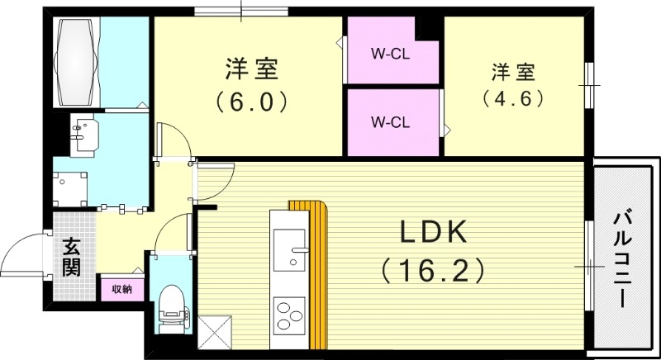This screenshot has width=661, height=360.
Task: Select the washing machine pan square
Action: [x=70, y=187]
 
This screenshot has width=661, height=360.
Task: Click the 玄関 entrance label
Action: [x=70, y=257]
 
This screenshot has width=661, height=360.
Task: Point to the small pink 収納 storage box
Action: [x=122, y=289]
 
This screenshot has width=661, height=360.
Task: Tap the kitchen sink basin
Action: [x=289, y=249]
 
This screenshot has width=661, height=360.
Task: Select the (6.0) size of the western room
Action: [x=252, y=102]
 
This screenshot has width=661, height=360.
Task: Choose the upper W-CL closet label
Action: [x=390, y=56]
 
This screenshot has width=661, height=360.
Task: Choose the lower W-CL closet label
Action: [x=390, y=122]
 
